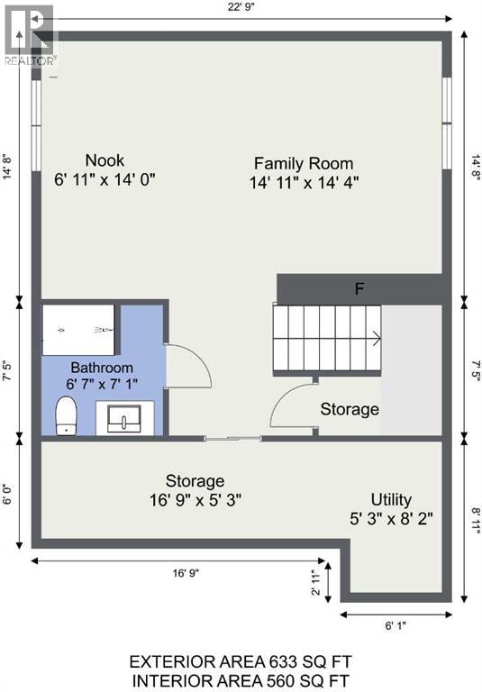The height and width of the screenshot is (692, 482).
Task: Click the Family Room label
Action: pos(304,164)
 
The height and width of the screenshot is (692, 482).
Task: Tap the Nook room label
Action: pos(105,160)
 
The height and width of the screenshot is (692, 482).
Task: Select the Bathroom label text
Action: pos(102,368)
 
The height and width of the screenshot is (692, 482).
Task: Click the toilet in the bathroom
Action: pos(66,415)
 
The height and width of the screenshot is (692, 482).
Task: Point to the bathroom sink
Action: pos(125,418)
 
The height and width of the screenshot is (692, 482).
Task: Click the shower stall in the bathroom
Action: pos(78,330)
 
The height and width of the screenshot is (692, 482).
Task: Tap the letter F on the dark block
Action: pos(359,289)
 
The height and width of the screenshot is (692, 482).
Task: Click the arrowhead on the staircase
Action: pos(377,339)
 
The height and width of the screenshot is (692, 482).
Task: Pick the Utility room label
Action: pos(391,499)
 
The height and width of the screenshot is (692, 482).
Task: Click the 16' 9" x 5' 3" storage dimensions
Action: pos(196,500)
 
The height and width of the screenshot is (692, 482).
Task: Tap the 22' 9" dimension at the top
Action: pos(241,8)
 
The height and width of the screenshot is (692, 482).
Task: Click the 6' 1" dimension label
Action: pos(396,625)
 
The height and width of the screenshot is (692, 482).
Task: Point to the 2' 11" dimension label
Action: pos(316,583)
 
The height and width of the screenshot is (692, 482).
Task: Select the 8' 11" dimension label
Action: pos(476,521)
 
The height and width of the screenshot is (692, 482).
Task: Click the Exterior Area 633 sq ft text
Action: pos(241,662)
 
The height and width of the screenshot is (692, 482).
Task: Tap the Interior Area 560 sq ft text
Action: pos(241,681)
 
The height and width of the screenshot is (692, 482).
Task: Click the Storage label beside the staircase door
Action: pos(350,409)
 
